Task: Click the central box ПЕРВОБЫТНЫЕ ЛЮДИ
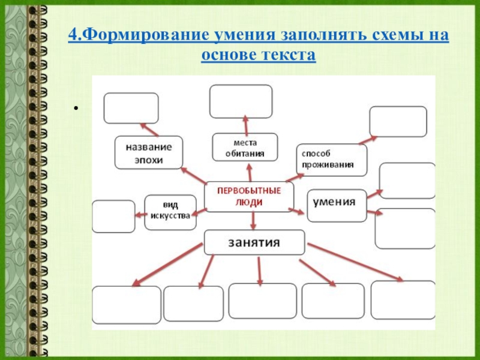click(x=249, y=197)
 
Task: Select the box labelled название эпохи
click(x=149, y=152)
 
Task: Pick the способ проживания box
click(x=331, y=160)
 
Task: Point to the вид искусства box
click(x=171, y=212)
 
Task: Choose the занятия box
click(x=254, y=242)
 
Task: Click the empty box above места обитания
click(x=241, y=101)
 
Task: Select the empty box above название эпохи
click(x=131, y=108)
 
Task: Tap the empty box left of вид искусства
click(x=113, y=216)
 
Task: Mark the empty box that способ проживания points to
click(x=398, y=121)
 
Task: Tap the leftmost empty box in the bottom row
click(x=127, y=305)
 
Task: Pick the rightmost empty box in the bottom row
click(x=403, y=300)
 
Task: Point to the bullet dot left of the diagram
click(x=76, y=109)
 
